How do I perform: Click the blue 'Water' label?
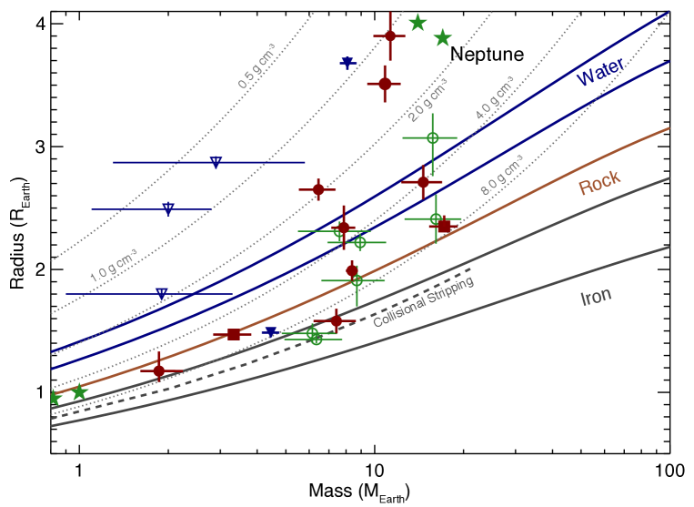[x=599, y=73]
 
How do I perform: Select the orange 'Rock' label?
[x=599, y=183]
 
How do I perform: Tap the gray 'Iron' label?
[x=596, y=297]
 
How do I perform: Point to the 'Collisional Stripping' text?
[x=424, y=302]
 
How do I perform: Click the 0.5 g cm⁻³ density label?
[x=256, y=66]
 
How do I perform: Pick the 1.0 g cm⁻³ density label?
[x=114, y=265]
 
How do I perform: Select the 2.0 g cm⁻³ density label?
[x=427, y=100]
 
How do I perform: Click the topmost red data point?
[x=389, y=35]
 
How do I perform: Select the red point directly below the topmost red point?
[x=385, y=83]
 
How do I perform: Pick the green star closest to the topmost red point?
[x=417, y=22]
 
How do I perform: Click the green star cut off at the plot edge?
[x=53, y=398]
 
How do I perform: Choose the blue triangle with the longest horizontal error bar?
[x=216, y=162]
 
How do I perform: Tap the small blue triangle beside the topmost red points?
[x=347, y=62]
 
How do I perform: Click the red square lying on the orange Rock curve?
[x=234, y=334]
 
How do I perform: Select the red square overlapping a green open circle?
[x=444, y=225]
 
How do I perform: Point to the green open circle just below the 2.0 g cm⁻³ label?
[x=433, y=137]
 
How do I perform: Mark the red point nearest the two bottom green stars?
[x=159, y=370]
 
